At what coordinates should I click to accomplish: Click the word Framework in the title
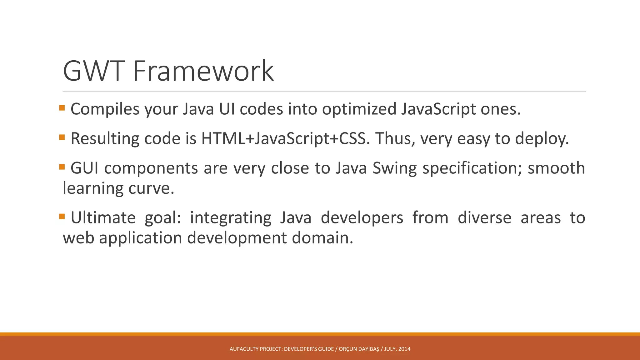(203, 71)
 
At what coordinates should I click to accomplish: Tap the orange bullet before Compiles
(62, 108)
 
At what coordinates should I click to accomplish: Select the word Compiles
(105, 109)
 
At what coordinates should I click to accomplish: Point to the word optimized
(359, 109)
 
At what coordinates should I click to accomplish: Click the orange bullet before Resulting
(62, 137)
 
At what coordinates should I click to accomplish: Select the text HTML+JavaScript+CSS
(283, 138)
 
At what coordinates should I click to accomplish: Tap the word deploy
(542, 138)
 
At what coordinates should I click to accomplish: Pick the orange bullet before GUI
(62, 167)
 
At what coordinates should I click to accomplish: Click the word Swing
(395, 168)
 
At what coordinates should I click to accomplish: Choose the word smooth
(556, 168)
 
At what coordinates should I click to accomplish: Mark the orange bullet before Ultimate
(62, 216)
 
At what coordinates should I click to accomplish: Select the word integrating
(231, 218)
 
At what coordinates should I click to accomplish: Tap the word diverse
(484, 218)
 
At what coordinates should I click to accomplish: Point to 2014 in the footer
(404, 349)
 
